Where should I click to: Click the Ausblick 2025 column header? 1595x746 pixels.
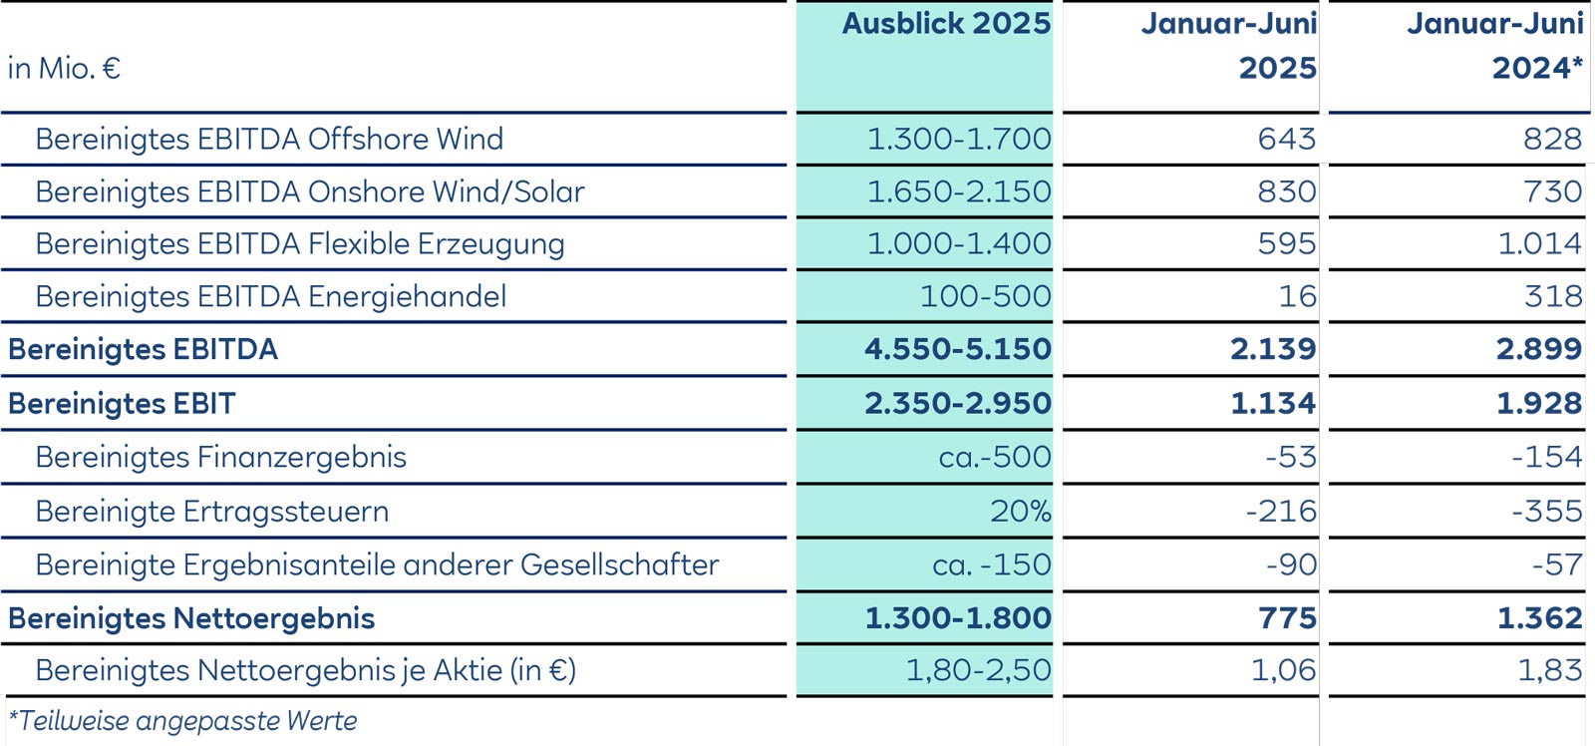tap(946, 24)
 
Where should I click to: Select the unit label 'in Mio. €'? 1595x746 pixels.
tap(64, 69)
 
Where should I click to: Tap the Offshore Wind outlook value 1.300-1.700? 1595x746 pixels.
tap(958, 139)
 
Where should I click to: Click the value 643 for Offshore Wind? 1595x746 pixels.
tap(1286, 139)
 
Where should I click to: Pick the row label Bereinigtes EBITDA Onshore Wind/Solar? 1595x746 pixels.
tap(309, 191)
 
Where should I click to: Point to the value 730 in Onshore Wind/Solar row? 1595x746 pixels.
tap(1552, 191)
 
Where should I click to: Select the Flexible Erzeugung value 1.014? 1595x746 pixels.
tap(1539, 243)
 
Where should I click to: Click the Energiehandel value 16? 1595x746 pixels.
tap(1298, 296)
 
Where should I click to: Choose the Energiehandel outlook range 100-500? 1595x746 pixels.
tap(985, 296)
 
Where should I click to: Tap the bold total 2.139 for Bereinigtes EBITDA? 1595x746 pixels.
tap(1272, 349)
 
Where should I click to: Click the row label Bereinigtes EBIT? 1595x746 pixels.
tap(122, 404)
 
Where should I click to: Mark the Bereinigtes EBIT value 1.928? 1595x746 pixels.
tap(1538, 404)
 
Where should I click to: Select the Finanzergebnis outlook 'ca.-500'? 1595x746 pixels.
tap(994, 457)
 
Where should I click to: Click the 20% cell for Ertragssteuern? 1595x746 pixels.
tap(1020, 512)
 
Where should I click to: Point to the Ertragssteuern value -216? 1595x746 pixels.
tap(1281, 512)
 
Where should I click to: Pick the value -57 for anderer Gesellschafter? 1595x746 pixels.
tap(1557, 565)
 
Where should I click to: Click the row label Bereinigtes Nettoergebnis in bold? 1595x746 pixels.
tap(191, 618)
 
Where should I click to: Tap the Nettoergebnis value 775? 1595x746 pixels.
tap(1287, 618)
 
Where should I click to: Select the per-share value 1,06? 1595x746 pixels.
tap(1283, 670)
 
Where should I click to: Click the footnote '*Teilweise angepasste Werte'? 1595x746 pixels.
tap(182, 721)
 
